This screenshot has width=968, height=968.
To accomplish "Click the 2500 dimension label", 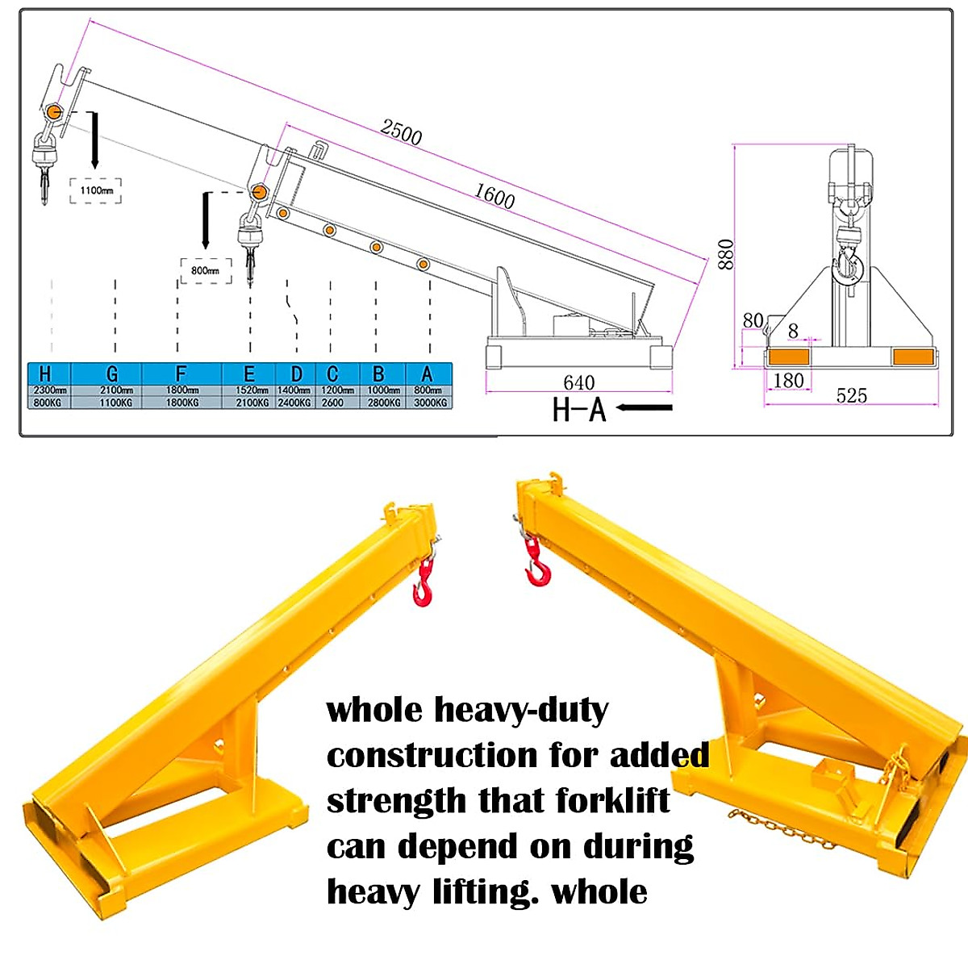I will [x=401, y=131].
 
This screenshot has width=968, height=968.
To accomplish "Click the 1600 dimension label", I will [x=494, y=196].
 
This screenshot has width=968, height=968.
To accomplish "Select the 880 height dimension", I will [x=726, y=254].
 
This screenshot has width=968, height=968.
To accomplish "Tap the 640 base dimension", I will [x=579, y=382].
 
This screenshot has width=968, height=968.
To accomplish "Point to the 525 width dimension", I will [x=851, y=395].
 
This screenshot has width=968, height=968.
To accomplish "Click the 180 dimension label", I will [x=788, y=380].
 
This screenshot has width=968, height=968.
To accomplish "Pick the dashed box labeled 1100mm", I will [x=96, y=190].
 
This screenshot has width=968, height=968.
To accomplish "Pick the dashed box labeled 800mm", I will [x=205, y=271].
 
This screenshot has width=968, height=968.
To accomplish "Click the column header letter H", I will [x=45, y=373].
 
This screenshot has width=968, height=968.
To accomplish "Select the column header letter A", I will [x=428, y=373].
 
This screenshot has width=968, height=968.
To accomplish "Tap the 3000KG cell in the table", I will [x=430, y=402].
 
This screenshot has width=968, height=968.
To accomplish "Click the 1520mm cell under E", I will [x=252, y=390].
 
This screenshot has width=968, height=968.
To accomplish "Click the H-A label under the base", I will [x=578, y=410].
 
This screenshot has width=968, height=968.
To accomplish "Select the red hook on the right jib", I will [x=535, y=562].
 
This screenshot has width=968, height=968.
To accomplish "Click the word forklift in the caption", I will [x=612, y=801].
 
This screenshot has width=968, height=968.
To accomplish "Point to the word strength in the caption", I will [x=395, y=801].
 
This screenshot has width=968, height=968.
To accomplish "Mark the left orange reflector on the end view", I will [x=791, y=357].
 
